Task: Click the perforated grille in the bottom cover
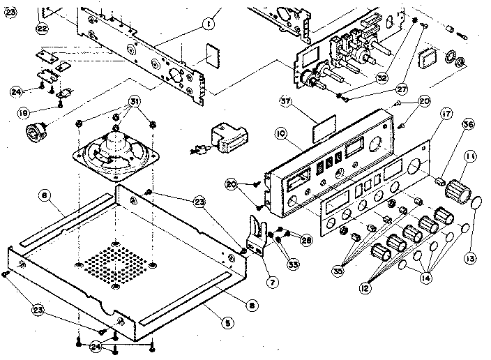click(115, 264)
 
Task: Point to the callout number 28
click(305, 240)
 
